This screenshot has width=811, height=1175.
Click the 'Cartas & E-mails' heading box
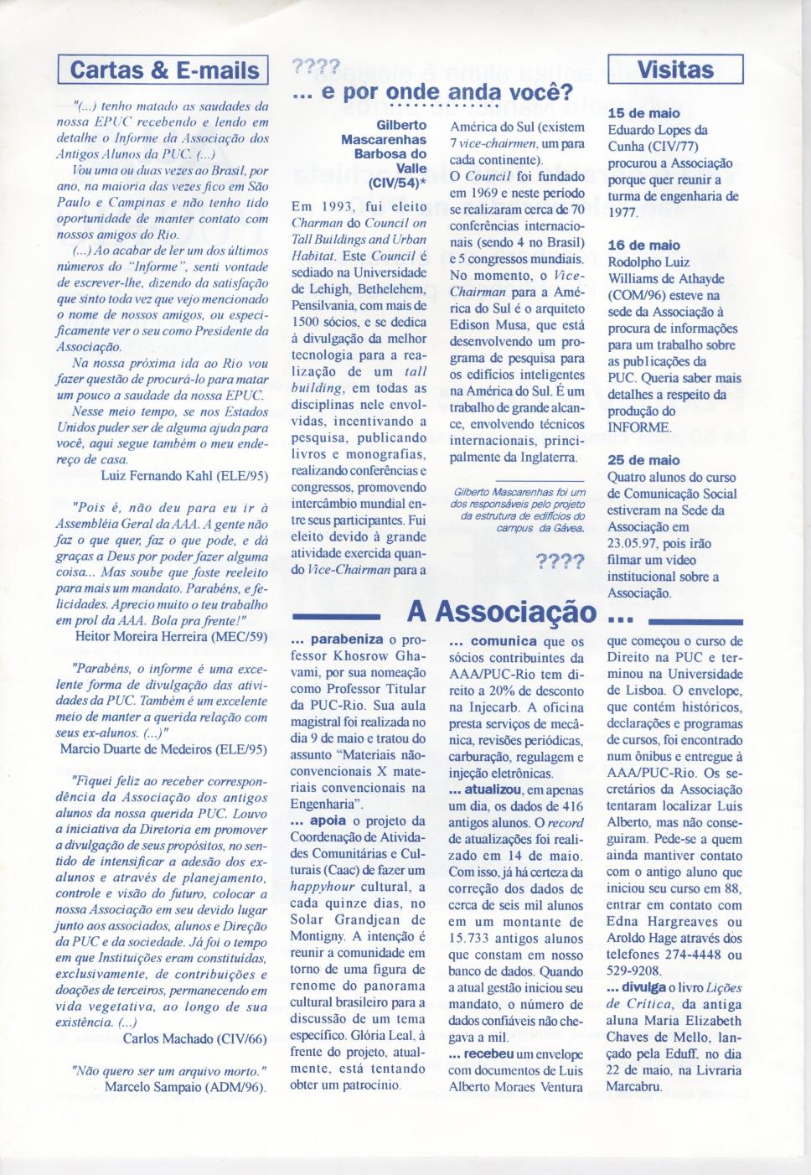click(x=163, y=70)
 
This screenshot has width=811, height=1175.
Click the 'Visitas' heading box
click(x=675, y=70)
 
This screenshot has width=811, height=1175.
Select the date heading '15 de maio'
click(x=643, y=113)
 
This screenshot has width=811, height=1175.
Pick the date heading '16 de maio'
click(x=643, y=245)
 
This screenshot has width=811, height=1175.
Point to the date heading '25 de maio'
click(x=643, y=460)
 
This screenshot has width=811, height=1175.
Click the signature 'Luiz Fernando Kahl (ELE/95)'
click(x=184, y=476)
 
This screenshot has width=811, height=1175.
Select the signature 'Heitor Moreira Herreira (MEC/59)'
click(x=172, y=636)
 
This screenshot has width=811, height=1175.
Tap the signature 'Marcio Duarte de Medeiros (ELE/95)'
click(x=163, y=749)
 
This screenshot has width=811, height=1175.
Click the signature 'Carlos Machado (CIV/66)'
click(x=194, y=1039)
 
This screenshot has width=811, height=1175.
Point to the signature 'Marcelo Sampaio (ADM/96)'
click(x=185, y=1088)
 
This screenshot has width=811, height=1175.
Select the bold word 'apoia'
click(x=327, y=821)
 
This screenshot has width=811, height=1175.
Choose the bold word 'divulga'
click(x=643, y=988)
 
